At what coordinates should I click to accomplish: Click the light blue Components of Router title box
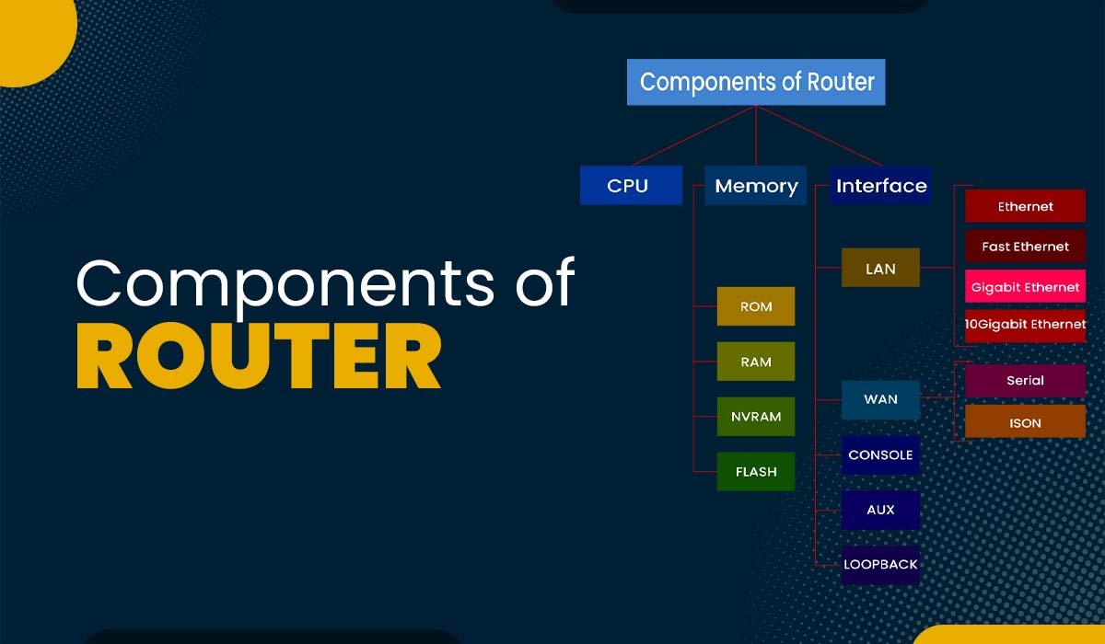[x=756, y=82]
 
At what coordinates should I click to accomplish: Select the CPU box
[x=631, y=185]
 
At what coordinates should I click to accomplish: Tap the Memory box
[x=756, y=185]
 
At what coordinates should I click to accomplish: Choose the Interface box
[x=881, y=185]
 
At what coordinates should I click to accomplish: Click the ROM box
[x=756, y=306]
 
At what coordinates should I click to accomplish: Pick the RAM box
[x=756, y=362]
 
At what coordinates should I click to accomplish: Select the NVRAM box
[x=756, y=417]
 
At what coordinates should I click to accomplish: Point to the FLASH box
[x=756, y=472]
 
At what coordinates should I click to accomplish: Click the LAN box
[x=880, y=268]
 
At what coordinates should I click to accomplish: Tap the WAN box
[x=880, y=399]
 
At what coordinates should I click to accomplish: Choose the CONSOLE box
[x=880, y=454]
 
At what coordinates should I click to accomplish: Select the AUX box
[x=880, y=510]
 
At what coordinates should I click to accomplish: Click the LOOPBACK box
[x=880, y=564]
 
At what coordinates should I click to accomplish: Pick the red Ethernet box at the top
[x=1025, y=206]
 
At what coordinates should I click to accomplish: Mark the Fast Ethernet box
[x=1025, y=247]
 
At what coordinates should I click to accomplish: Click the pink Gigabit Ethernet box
[x=1025, y=287]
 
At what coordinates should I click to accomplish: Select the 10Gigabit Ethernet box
[x=1025, y=325]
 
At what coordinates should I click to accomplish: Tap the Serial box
[x=1025, y=380]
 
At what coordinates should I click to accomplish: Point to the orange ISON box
[x=1025, y=422]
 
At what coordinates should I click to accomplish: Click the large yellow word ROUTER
[x=259, y=355]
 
